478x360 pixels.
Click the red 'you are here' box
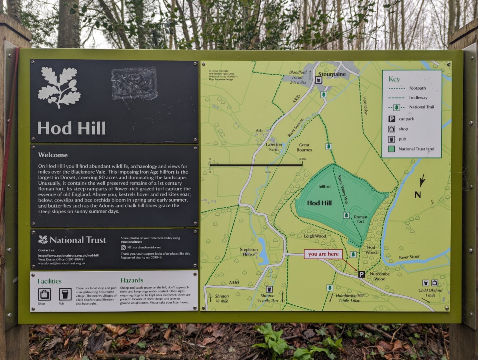coord(323,254)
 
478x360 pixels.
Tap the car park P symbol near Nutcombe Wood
coord(361,274)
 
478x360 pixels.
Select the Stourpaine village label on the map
coord(332,74)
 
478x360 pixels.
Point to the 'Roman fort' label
coord(360,219)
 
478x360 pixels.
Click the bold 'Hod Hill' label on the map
coord(319,203)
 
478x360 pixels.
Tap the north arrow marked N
coord(419,188)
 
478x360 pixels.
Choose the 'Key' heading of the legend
coord(394,79)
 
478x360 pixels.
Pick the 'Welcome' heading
coord(53,155)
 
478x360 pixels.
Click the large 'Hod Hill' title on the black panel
coord(72,128)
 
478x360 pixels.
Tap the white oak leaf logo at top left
coord(59,87)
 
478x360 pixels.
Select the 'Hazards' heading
coord(132,280)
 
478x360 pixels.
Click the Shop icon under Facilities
coord(44,294)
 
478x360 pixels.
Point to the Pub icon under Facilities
coord(65,294)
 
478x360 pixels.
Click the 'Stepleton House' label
coord(249,252)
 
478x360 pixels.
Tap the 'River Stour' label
coord(409,257)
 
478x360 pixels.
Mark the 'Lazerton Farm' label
coord(274,147)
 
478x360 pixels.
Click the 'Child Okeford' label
coord(430,290)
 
